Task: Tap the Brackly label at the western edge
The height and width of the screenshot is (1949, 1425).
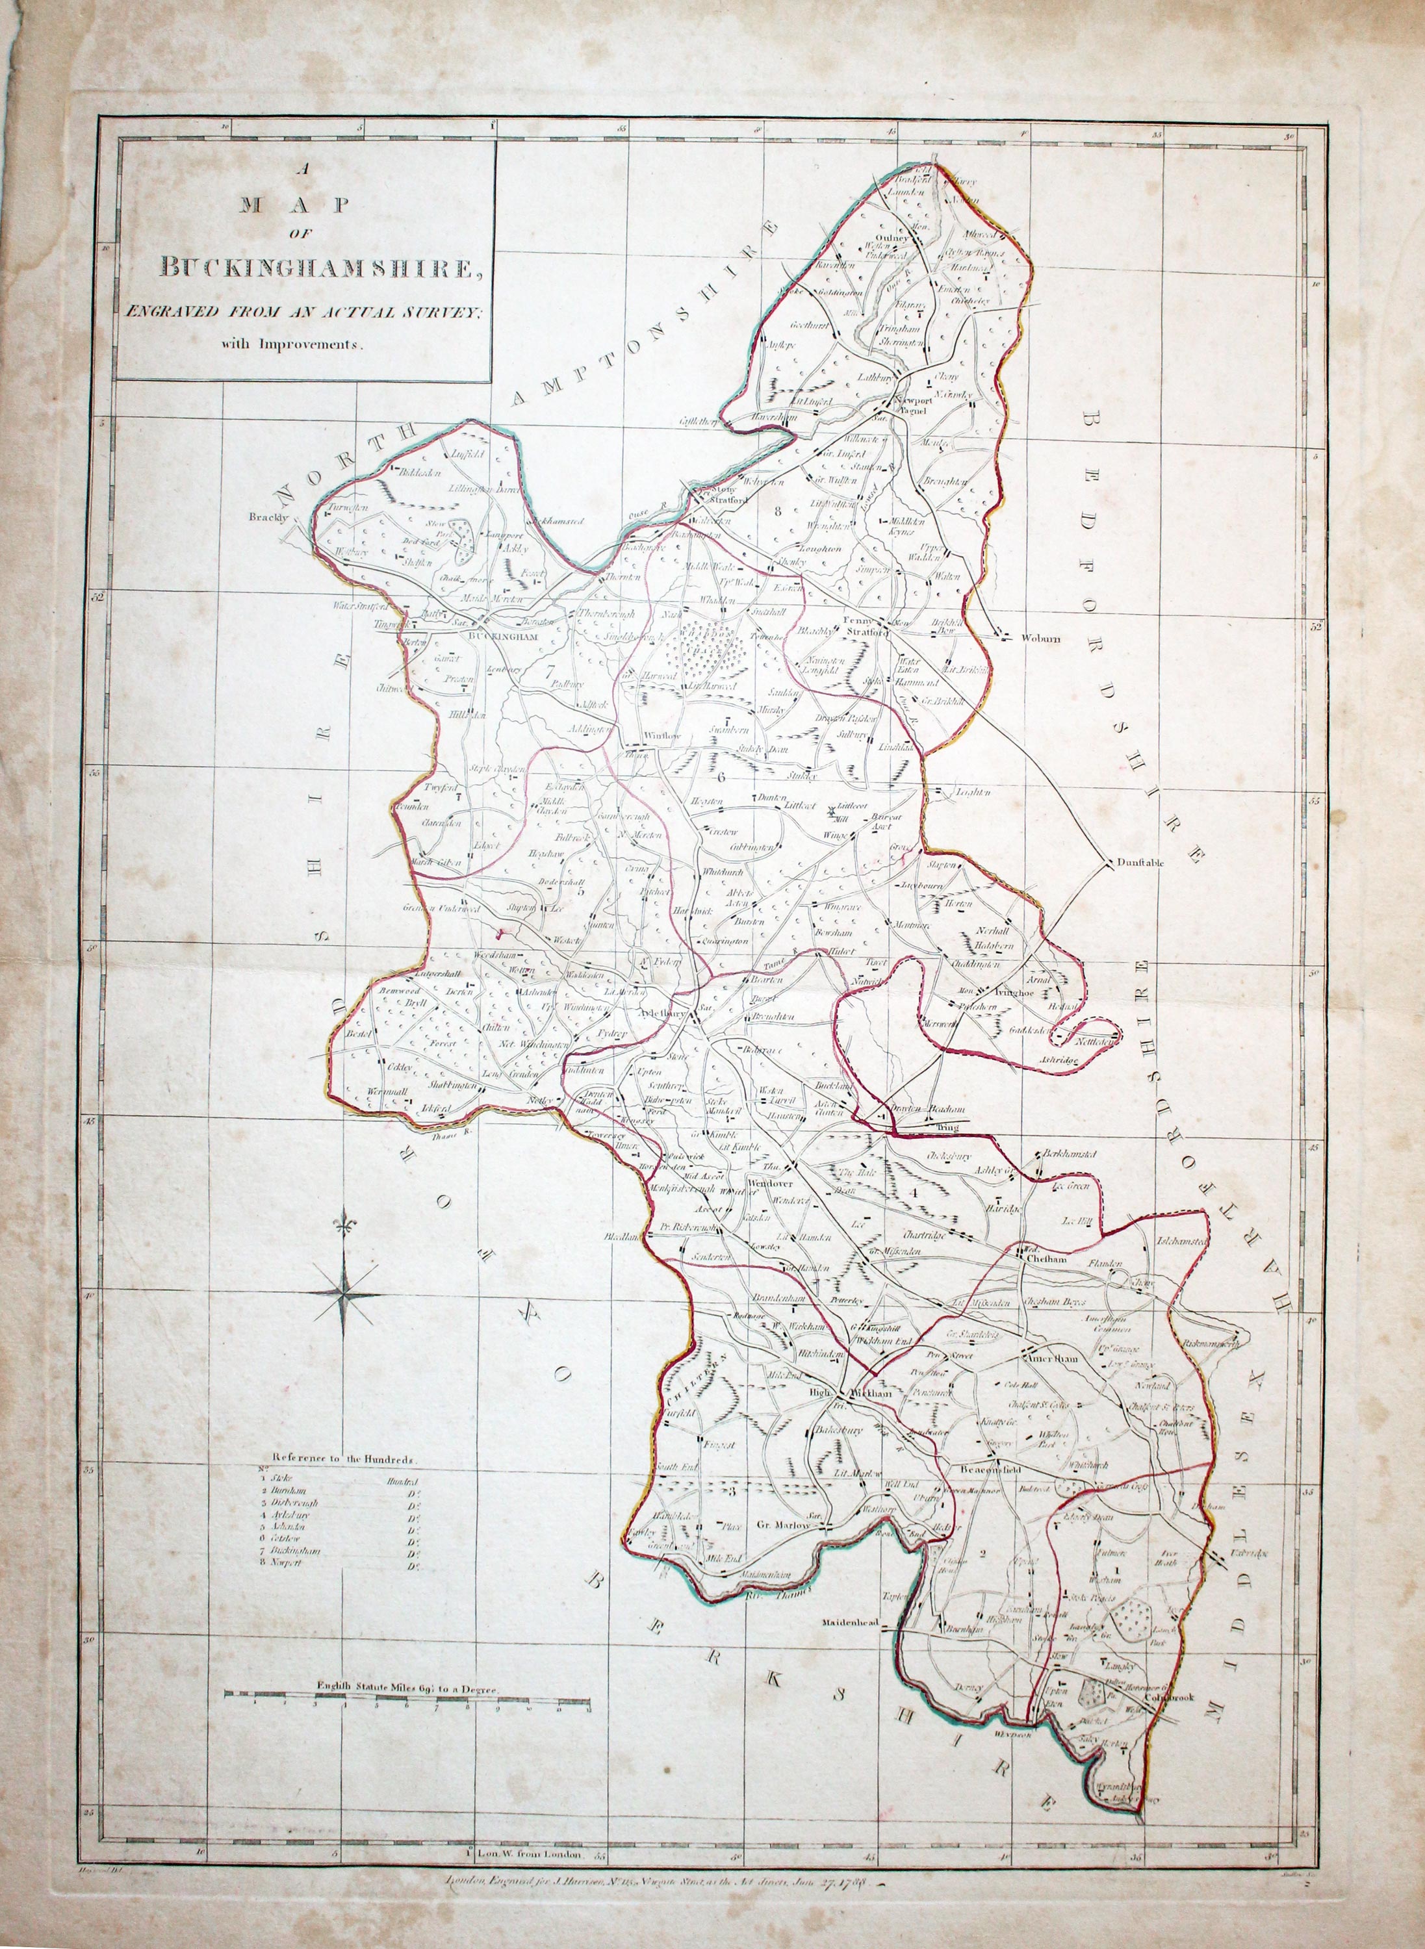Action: point(266,518)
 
